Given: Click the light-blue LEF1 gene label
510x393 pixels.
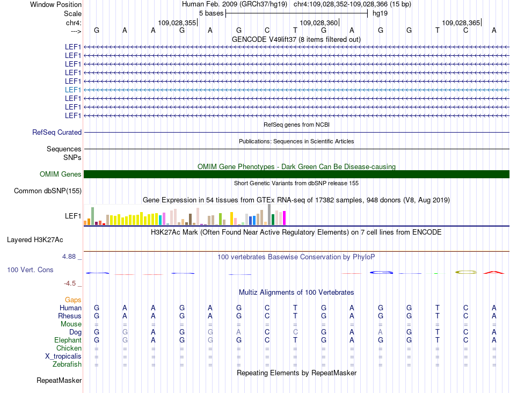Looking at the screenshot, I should point(73,90).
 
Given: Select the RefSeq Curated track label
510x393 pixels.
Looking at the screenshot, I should point(57,132).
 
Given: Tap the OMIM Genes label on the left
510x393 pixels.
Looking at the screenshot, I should point(61,174).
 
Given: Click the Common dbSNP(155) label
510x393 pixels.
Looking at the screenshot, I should point(48,191).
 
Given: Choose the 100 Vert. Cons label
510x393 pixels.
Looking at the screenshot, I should point(30,270).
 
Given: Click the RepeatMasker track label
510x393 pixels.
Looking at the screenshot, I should point(59,381).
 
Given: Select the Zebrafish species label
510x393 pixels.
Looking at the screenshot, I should point(68,364).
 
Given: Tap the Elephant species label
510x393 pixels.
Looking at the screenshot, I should point(68,340).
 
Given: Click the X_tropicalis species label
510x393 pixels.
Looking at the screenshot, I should point(63,356).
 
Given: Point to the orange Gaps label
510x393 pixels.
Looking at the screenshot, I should point(73,300).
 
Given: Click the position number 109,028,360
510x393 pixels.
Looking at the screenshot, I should point(319,23).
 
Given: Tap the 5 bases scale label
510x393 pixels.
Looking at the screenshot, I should point(211,13).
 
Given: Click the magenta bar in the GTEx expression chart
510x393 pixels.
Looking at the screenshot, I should point(284,218).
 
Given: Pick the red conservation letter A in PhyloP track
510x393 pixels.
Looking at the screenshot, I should point(494,272).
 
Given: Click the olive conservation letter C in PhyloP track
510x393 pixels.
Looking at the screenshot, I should point(465,272).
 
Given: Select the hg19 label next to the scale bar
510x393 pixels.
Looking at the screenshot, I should point(380,13).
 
